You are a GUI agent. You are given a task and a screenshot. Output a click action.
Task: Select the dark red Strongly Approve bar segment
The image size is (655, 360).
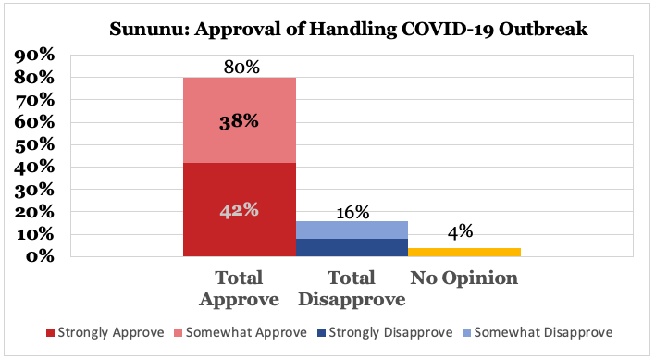click(239, 231)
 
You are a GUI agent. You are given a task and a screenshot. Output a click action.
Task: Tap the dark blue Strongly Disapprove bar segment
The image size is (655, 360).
click(352, 247)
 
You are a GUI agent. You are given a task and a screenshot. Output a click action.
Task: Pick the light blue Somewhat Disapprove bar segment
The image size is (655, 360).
click(352, 230)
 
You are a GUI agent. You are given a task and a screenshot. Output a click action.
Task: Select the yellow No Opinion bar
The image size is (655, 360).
click(463, 252)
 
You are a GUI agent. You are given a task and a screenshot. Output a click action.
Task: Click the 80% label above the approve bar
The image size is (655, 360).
click(241, 67)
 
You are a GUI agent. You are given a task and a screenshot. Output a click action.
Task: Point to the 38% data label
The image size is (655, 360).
click(239, 121)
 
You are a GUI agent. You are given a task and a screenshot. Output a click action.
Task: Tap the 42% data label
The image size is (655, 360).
click(239, 210)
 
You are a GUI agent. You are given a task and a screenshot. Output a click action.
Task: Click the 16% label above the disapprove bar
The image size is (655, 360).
click(352, 212)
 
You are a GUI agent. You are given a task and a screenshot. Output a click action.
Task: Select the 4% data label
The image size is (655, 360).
click(463, 238)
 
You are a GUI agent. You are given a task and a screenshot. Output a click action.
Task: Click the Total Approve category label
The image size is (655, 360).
click(240, 288)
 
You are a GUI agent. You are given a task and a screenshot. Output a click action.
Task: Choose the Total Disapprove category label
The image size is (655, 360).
click(352, 288)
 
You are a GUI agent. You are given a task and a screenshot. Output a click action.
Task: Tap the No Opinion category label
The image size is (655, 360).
click(463, 278)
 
